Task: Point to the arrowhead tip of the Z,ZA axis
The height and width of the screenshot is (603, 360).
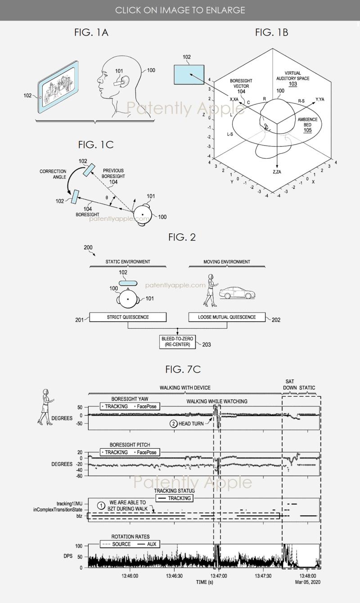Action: pos(277,168)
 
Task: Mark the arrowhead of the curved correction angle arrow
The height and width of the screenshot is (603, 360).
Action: pos(69,193)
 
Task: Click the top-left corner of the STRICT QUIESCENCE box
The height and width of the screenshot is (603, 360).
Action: pos(90,313)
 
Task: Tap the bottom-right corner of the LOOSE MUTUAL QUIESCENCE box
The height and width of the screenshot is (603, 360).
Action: pos(265,322)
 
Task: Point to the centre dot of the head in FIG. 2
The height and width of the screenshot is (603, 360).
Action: pos(128,299)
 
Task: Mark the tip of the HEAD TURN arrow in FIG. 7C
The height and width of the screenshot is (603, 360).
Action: pos(213,418)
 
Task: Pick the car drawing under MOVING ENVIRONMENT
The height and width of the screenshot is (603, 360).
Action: pos(237,293)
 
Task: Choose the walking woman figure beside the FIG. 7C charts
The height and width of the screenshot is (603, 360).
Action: pos(45,407)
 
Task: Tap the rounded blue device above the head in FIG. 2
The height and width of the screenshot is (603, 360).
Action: pos(128,283)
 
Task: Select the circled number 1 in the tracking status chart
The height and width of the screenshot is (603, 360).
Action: pos(101,506)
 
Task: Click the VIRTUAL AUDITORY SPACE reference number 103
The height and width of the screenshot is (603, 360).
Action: pos(293,84)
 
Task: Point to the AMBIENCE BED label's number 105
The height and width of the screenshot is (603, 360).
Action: pos(307,130)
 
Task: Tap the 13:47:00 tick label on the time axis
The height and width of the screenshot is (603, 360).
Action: pos(219,576)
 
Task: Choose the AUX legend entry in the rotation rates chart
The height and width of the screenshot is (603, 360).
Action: pos(147,544)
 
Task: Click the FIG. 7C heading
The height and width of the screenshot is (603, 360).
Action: pos(183,369)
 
